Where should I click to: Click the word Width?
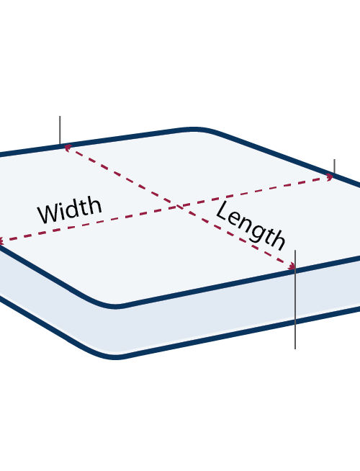click(x=70, y=210)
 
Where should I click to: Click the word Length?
click(x=251, y=225)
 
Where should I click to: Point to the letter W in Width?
click(x=49, y=213)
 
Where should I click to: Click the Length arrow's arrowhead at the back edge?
click(x=68, y=147)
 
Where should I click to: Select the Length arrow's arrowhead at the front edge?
click(x=292, y=266)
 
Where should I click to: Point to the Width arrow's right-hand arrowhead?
click(x=330, y=177)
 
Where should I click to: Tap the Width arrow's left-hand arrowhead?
click(x=1, y=241)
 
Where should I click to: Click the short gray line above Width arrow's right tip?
click(x=335, y=166)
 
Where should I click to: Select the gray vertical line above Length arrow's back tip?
click(x=60, y=130)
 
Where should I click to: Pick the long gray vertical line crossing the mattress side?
click(x=295, y=299)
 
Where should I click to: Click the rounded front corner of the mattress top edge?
click(x=116, y=306)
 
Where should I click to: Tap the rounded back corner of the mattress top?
click(x=194, y=129)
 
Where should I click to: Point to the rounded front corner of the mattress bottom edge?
click(x=117, y=357)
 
